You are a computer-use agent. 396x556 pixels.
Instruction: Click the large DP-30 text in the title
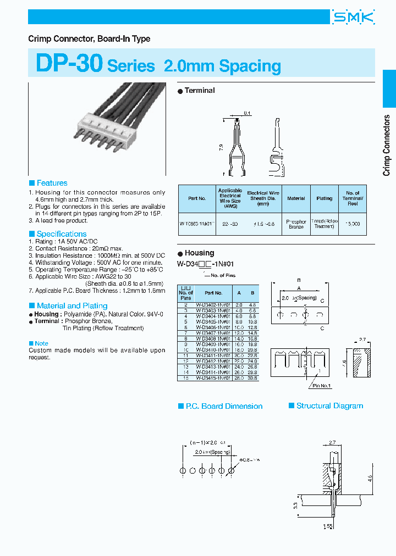coord(69,64)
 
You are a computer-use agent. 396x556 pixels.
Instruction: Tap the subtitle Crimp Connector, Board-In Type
coord(89,39)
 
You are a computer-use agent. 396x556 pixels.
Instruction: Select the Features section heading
coord(52,183)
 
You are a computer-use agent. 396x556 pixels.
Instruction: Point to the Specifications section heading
coord(61,234)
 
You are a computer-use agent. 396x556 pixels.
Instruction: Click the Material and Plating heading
coord(71,305)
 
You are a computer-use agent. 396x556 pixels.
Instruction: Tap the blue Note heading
coord(41,343)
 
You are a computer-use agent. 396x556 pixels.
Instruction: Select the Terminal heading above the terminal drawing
coord(199,91)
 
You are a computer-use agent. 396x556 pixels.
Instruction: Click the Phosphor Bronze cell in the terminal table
coord(296,224)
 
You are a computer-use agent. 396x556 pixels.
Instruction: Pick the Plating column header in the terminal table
coord(324,198)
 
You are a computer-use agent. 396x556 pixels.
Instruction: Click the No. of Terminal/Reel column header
coord(353,198)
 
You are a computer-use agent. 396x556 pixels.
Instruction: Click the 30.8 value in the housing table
coord(252,378)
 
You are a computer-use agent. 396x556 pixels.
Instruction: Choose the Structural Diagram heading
coord(329,406)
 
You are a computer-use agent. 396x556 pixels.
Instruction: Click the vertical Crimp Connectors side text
coord(387,145)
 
